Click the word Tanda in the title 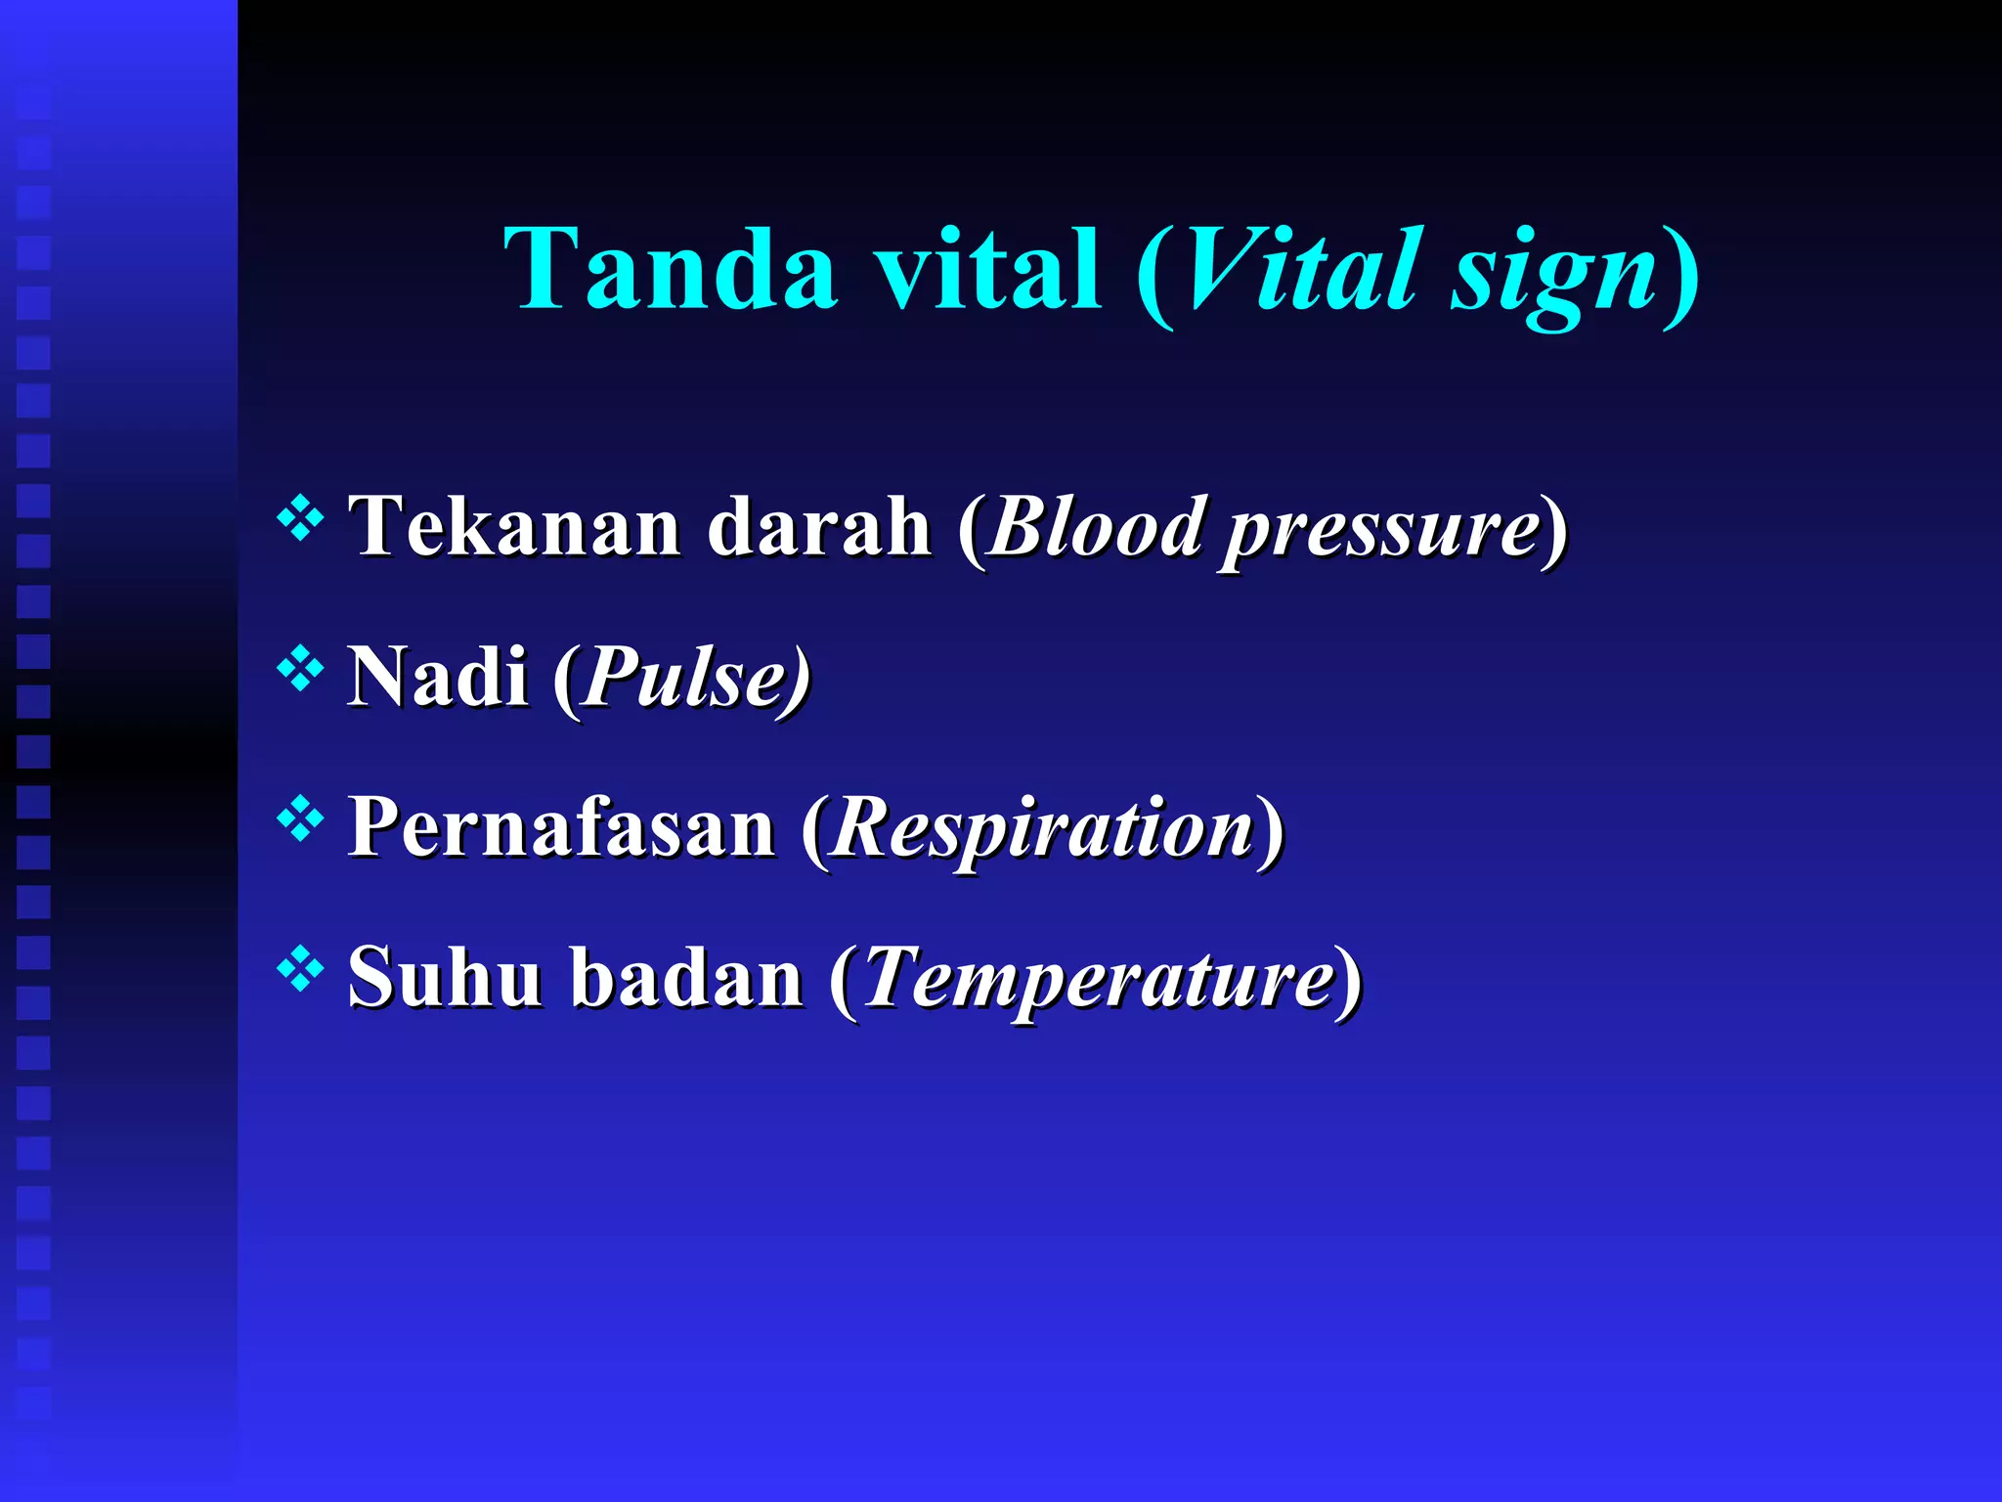tap(671, 268)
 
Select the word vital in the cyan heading tap(987, 268)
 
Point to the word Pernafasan tap(561, 827)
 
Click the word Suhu tap(445, 977)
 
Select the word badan tap(686, 977)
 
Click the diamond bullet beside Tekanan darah tap(300, 518)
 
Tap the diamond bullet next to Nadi tap(300, 669)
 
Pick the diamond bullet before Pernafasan tap(300, 819)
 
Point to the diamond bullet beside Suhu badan tap(300, 969)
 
